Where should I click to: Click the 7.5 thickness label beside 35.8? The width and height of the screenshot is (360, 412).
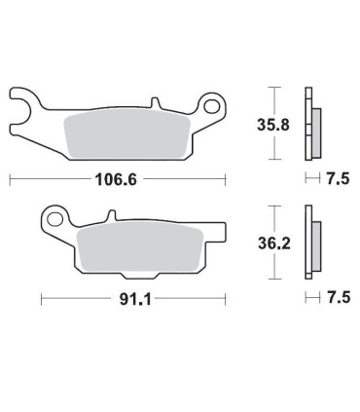337,179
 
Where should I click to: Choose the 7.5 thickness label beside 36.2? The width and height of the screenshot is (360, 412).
337,300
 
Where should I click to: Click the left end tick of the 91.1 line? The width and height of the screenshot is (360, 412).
40,301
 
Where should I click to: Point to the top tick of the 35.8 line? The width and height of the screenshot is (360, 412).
277,88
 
